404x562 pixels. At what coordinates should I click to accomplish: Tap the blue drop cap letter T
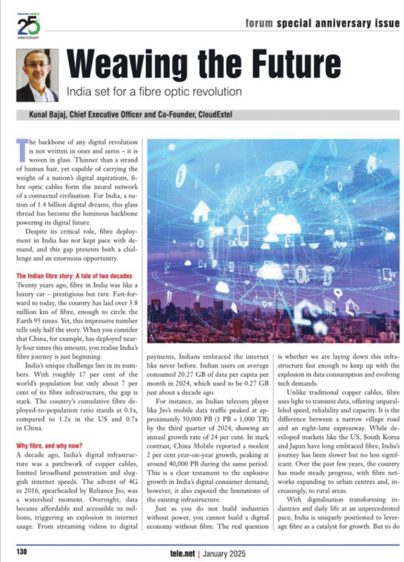point(21,148)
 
